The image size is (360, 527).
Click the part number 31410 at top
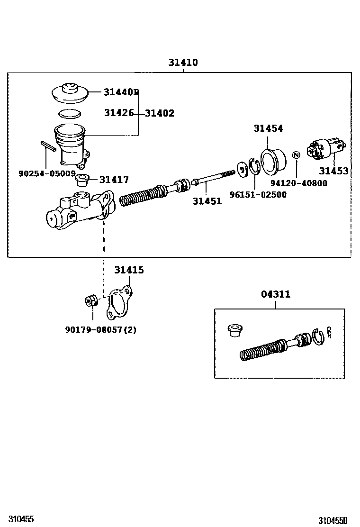[183, 63]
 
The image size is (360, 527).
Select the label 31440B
[121, 92]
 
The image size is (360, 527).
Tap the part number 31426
[119, 113]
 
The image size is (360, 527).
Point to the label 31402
[160, 113]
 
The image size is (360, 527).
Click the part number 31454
[268, 128]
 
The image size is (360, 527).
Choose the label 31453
[333, 171]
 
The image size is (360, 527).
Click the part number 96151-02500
[258, 194]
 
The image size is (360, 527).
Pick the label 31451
[207, 201]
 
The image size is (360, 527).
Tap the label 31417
[114, 180]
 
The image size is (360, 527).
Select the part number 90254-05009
[47, 173]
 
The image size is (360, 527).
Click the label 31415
[129, 270]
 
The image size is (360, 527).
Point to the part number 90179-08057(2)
[100, 329]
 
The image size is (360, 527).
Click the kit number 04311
[276, 294]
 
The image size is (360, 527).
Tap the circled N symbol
[296, 155]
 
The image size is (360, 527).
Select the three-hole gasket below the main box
[118, 302]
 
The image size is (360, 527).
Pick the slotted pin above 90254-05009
[49, 146]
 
